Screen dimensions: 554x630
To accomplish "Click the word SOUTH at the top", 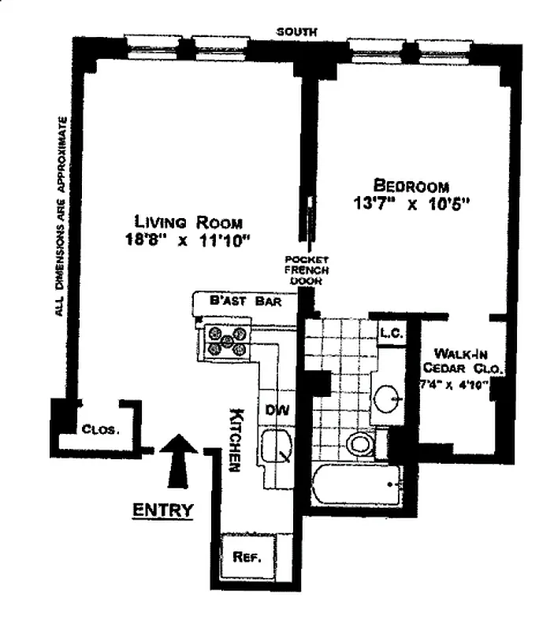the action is [296, 32].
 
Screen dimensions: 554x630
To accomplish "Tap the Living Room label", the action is [188, 222].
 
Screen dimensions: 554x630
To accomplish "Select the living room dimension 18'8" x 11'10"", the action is [188, 240].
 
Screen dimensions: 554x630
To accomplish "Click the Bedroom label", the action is [411, 186].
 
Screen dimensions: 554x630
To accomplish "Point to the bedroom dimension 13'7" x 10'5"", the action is [411, 203].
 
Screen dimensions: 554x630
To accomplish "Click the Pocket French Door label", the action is [307, 270].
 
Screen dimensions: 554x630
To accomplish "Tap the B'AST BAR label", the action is [246, 301].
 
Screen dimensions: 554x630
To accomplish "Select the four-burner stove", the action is [228, 341].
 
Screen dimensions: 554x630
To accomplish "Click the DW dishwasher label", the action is [277, 410].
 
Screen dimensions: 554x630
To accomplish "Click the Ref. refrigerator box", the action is [248, 558].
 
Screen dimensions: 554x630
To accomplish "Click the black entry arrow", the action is [179, 461].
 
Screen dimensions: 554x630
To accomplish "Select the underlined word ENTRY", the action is [163, 510].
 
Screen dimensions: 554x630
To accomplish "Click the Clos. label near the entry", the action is [101, 429].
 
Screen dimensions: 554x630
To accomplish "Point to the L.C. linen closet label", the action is [391, 333].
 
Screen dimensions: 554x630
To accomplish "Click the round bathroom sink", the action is [388, 399].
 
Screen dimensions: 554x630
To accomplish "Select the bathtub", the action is [357, 485].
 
